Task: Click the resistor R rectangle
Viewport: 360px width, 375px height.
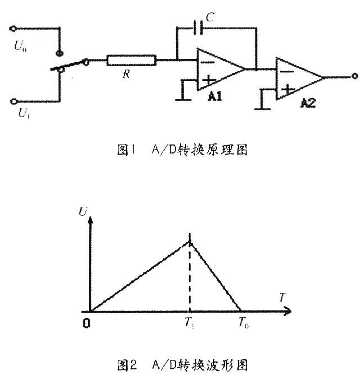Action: click(x=132, y=60)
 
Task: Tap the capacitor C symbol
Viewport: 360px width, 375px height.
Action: click(x=198, y=28)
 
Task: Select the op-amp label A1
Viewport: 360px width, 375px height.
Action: click(x=215, y=96)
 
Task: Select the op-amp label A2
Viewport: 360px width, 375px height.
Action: click(x=308, y=103)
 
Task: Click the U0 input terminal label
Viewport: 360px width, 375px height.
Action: click(x=20, y=46)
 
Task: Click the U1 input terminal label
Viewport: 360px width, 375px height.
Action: click(x=24, y=113)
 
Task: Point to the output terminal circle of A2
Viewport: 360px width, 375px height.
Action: click(x=355, y=76)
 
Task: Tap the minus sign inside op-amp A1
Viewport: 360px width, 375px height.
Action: click(x=207, y=62)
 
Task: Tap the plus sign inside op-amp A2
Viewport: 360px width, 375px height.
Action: click(x=288, y=89)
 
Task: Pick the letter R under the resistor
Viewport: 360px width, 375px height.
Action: click(x=127, y=74)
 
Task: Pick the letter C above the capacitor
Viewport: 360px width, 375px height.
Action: click(x=210, y=17)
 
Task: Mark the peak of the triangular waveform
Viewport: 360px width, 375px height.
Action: click(x=190, y=242)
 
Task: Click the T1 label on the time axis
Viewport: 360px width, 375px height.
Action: click(x=189, y=324)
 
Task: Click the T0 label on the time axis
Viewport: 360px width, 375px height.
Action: click(x=244, y=323)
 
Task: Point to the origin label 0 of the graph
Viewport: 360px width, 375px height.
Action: click(x=87, y=323)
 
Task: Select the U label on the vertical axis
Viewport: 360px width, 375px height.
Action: click(x=83, y=211)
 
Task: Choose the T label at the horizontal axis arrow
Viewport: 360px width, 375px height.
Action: click(x=283, y=297)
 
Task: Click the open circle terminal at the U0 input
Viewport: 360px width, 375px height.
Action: click(x=13, y=29)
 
